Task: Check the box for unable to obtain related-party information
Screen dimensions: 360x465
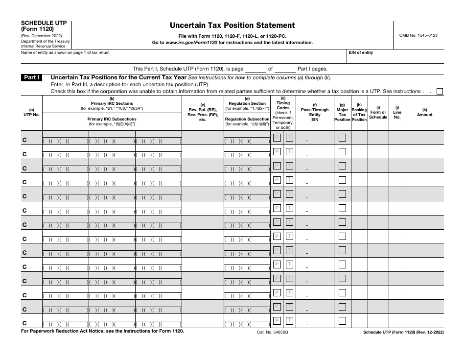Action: pyautogui.click(x=440, y=91)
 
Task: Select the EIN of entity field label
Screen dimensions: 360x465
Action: pyautogui.click(x=361, y=52)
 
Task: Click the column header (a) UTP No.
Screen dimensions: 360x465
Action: pyautogui.click(x=32, y=113)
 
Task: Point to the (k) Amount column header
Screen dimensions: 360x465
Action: pyautogui.click(x=424, y=113)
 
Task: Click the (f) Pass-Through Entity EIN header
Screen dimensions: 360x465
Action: pyautogui.click(x=315, y=112)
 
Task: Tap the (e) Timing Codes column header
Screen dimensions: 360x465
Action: pyautogui.click(x=283, y=113)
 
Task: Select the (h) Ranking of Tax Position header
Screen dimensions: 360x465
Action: pyautogui.click(x=359, y=112)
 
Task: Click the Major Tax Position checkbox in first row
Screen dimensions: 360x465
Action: pyautogui.click(x=343, y=138)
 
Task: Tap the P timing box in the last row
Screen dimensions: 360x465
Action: pyautogui.click(x=277, y=321)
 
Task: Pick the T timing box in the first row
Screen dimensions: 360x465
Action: pyautogui.click(x=289, y=138)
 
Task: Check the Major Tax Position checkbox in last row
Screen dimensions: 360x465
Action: pyautogui.click(x=343, y=321)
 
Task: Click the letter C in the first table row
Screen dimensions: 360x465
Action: pyautogui.click(x=24, y=140)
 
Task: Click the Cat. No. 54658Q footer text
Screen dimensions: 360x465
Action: pyautogui.click(x=273, y=332)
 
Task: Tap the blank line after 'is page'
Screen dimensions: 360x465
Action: pyautogui.click(x=255, y=69)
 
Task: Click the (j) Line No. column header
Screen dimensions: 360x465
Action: pyautogui.click(x=397, y=112)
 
